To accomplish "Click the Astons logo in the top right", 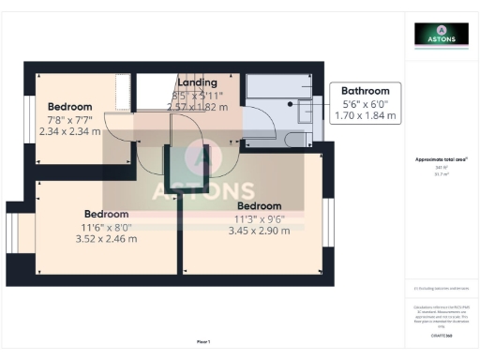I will click(442, 35).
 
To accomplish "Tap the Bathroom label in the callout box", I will click(366, 93).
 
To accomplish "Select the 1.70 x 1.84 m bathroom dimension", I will click(366, 117).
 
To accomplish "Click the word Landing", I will click(197, 82).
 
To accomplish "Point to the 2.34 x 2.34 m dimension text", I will click(71, 132).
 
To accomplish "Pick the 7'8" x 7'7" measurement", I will click(71, 119).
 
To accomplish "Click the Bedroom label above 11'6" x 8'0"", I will click(106, 213).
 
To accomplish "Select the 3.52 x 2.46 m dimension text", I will click(106, 238).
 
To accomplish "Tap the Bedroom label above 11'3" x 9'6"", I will click(259, 206).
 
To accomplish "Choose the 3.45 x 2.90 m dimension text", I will click(259, 231).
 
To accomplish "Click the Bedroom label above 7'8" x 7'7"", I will click(69, 106).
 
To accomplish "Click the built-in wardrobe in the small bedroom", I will click(123, 93).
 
